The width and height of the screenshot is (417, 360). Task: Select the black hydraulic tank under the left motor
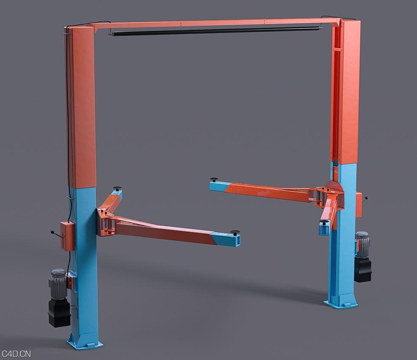59,313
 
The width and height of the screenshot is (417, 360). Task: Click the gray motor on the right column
362,244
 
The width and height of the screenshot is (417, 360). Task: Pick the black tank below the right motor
363,270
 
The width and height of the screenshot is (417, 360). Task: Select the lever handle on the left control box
55,233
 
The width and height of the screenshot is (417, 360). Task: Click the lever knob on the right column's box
366,197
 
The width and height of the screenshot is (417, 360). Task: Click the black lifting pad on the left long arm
235,232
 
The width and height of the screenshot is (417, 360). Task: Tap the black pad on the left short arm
117,188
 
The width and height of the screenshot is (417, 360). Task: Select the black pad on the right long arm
214,179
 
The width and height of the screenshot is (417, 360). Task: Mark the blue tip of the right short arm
324,228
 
